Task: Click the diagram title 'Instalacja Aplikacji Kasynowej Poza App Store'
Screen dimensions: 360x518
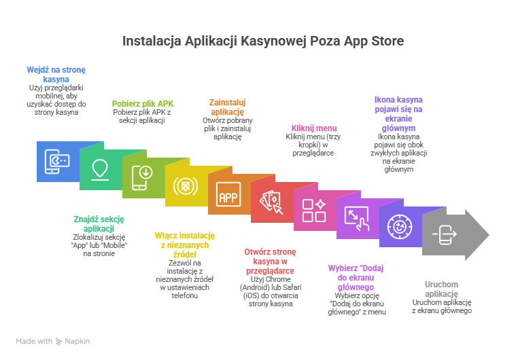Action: (x=263, y=41)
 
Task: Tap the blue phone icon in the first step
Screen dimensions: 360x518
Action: (x=56, y=161)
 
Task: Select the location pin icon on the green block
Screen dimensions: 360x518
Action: (x=100, y=168)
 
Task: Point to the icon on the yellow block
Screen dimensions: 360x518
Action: (x=185, y=185)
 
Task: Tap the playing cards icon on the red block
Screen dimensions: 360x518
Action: (x=271, y=202)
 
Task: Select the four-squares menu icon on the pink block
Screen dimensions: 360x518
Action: (x=313, y=211)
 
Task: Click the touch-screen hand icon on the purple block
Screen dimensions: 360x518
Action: (x=356, y=218)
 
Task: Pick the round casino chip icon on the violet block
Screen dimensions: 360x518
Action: (x=399, y=226)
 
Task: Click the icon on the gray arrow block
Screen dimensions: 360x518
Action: (x=445, y=234)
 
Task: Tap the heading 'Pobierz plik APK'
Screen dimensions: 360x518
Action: (x=143, y=103)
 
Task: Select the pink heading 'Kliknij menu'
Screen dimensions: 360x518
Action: (x=314, y=128)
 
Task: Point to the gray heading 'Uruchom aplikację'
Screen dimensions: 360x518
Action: (x=442, y=289)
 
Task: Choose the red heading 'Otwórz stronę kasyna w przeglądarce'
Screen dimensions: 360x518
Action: (x=270, y=261)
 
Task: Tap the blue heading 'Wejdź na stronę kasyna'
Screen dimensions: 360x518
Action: (x=57, y=74)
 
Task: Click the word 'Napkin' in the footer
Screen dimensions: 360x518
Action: (x=77, y=341)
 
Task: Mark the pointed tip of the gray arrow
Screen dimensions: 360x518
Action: (x=488, y=235)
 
